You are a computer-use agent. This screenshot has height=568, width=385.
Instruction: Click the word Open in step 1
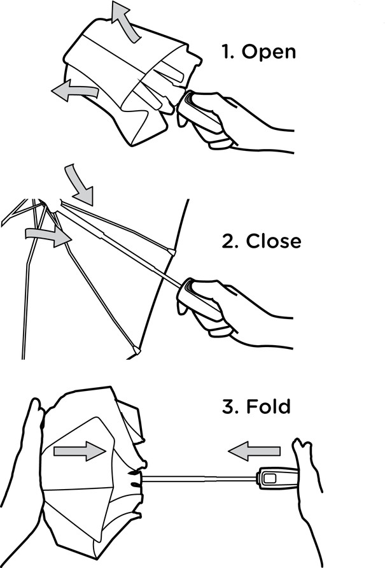point(269,52)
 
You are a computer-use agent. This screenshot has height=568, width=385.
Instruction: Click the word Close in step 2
point(274,241)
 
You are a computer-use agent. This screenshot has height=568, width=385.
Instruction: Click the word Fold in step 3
point(269,406)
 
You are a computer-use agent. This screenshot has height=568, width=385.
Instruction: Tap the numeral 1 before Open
point(227,52)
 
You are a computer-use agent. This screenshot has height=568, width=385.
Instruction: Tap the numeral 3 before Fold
point(230,406)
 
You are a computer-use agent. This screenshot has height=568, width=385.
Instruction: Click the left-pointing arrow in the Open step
point(74,90)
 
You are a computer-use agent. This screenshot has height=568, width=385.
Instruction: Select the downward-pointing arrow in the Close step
point(80,185)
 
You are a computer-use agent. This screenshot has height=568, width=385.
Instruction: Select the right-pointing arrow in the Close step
point(48,236)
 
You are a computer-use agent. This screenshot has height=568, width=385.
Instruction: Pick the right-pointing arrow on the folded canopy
point(80,451)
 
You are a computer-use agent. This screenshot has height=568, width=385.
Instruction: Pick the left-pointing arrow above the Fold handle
point(255,451)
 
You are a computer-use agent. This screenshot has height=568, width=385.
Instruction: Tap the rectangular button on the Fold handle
point(269,478)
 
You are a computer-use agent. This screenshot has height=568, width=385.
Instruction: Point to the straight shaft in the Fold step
point(199,479)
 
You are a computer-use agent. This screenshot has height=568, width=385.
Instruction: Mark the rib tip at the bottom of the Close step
point(137,350)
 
